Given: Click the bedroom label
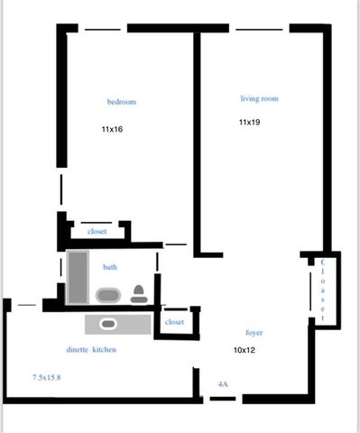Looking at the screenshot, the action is point(122,102).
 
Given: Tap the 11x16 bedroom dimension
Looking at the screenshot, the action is point(112,129).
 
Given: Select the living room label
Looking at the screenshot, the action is point(259,99).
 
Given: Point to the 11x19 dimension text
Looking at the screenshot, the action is point(250,122).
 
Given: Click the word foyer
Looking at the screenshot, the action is point(254,333).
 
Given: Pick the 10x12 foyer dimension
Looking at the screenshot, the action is point(245,350).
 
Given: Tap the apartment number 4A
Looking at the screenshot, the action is point(223,384).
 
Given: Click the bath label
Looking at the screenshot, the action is point(110,267).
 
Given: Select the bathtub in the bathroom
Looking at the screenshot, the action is point(78,277).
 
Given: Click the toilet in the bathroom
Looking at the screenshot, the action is point(139,294).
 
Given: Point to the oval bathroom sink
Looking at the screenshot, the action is point(108,295).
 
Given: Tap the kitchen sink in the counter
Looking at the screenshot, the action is point(108,324).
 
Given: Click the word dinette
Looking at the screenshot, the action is point(78,350).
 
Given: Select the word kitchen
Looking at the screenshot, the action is point(105,350).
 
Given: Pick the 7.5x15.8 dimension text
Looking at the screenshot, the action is point(47,377).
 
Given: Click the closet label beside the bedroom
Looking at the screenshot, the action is point(97,232).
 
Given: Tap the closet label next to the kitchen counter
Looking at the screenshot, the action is point(174,322).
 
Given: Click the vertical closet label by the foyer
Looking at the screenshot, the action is point(323,290).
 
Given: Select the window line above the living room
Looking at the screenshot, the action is point(259,30).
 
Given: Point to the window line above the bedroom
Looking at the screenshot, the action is point(103,30).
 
